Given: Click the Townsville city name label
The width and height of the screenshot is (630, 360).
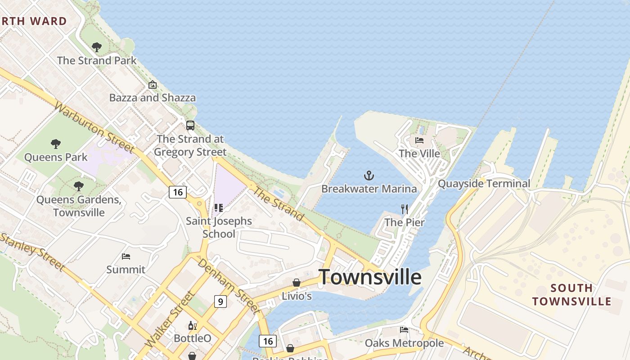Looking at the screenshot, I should (370, 277).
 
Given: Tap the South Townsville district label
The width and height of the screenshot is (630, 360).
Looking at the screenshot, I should (571, 295).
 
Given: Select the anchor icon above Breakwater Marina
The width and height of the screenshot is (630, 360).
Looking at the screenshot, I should (369, 175).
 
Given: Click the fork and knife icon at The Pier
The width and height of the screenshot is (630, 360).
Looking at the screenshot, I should (405, 209).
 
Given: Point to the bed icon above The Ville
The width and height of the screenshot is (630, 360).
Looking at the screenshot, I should (419, 140).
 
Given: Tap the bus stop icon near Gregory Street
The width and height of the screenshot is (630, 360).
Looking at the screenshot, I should (190, 126).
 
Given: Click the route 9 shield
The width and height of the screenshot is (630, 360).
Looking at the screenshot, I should (220, 301).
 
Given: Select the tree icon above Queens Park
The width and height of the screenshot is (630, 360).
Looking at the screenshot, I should (56, 144).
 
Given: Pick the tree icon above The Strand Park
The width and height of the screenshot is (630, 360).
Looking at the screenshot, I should (96, 47).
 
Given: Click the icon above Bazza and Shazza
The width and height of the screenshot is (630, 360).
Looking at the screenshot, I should (153, 85).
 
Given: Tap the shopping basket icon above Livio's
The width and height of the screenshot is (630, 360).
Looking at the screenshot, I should (297, 283).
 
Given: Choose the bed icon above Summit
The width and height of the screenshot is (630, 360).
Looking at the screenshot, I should (126, 256).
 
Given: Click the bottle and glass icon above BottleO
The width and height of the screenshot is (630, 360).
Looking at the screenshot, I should (193, 325).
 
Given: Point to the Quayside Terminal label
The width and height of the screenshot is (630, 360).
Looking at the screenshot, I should (484, 184).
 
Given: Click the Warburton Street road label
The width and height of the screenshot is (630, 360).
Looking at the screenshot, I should (94, 127).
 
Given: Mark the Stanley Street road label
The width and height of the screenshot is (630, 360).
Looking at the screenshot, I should (32, 252).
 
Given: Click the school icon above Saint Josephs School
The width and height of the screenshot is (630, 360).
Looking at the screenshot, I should (219, 208).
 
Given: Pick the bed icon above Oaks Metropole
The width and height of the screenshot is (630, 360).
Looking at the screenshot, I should (404, 330).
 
